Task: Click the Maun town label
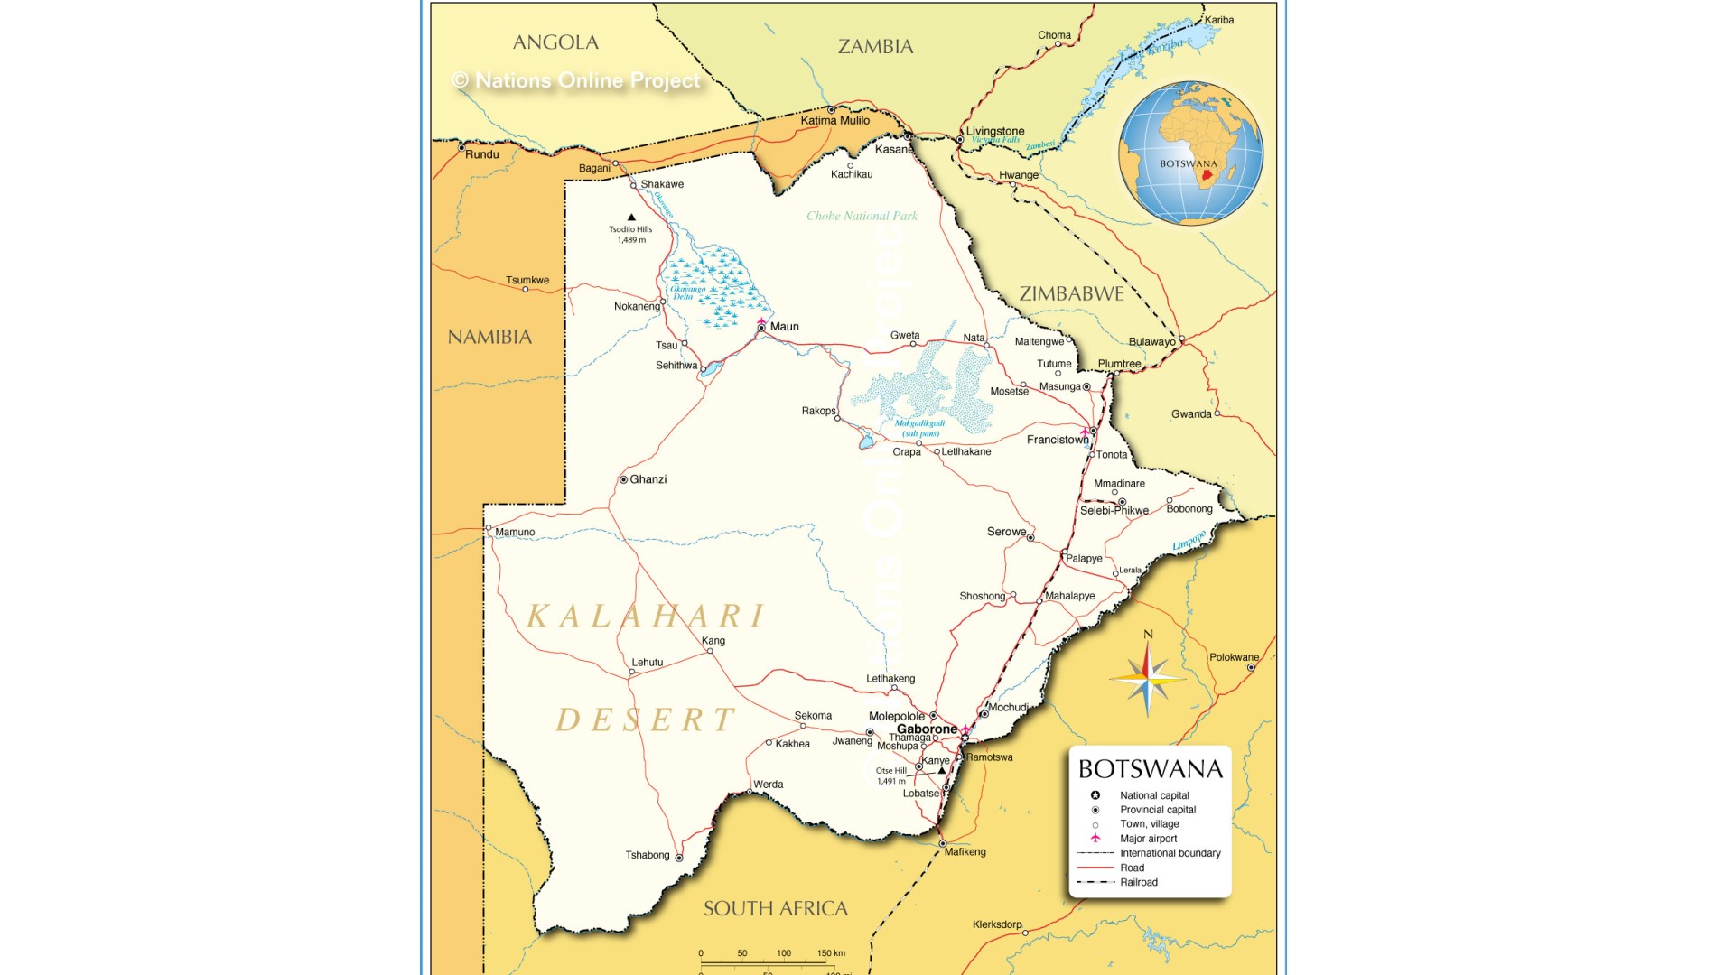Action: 784,327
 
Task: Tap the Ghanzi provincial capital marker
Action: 623,479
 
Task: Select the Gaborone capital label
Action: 927,729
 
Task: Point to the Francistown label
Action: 1057,440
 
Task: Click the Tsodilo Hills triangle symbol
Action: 631,218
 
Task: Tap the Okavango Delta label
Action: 687,292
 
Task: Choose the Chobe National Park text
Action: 862,216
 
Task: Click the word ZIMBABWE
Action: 1071,293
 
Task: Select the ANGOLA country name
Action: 555,42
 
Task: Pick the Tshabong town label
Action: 648,855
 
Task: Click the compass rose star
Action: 1147,678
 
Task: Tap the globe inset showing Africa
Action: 1190,153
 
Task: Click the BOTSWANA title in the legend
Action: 1150,769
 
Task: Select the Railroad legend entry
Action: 1138,882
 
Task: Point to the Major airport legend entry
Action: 1148,839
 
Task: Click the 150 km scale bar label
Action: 831,953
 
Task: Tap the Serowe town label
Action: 1006,532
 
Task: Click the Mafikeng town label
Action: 965,851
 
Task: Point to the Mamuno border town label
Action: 515,532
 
